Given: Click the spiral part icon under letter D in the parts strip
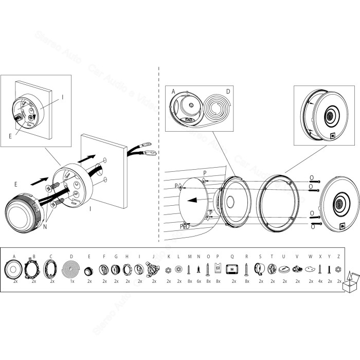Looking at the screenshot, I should pos(71,268).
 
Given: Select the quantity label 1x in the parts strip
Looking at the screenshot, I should pos(71,281).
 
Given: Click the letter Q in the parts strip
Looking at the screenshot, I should pos(232,256).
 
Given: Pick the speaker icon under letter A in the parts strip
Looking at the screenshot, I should pos(14,268).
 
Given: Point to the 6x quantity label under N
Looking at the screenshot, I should pos(199,281).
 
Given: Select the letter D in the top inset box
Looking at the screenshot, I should pos(228,92).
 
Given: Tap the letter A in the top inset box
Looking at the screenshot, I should pos(173,92).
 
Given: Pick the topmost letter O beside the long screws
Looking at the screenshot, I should pos(312,178).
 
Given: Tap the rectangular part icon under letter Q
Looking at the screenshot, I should pos(232,268).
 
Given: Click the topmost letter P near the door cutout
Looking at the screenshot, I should pos(204,173).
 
